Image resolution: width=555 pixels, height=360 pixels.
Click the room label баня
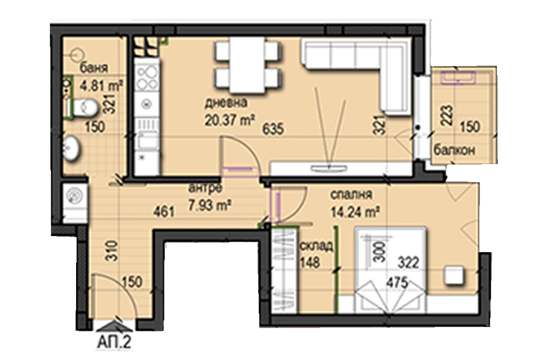(94, 67)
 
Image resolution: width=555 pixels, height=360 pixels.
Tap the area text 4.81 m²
(101, 85)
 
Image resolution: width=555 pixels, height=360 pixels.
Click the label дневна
(226, 103)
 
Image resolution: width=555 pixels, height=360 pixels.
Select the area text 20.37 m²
(230, 120)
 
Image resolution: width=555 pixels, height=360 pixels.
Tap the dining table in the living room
(247, 65)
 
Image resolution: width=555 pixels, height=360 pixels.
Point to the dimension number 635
(273, 129)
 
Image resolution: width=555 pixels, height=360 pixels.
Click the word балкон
(454, 150)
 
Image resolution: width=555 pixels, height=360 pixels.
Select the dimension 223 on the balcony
(447, 116)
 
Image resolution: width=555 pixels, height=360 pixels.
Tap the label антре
(205, 188)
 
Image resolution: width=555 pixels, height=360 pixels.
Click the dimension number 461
(164, 212)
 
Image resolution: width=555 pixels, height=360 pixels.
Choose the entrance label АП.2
(114, 343)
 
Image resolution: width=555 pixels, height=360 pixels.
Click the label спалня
(351, 194)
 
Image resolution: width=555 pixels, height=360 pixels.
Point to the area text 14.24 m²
(356, 212)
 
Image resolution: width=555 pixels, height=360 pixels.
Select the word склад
(316, 245)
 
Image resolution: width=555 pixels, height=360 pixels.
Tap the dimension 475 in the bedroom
(397, 283)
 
